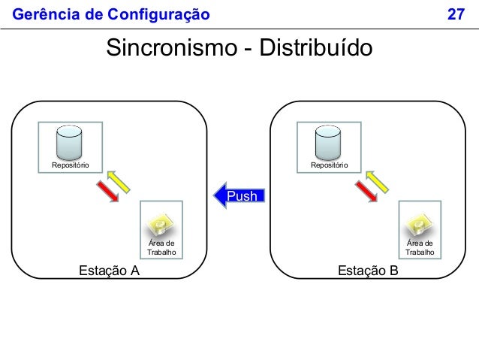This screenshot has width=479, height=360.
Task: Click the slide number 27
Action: point(456,14)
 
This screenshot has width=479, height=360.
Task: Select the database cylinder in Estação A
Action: point(70,140)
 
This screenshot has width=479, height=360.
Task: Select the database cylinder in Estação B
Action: point(328,140)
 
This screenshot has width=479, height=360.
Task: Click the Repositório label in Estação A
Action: point(71,164)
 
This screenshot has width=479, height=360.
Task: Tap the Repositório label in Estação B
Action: point(329,164)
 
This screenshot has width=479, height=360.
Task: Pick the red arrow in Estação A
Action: point(108,192)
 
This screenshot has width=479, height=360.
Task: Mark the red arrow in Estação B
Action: point(366,192)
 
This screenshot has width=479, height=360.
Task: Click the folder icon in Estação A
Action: point(161,223)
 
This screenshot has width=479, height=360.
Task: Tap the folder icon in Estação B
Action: point(420,223)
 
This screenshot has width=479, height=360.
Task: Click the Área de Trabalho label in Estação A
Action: point(161,248)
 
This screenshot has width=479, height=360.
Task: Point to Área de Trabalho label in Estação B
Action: point(420,248)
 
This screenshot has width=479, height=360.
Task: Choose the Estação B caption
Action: point(368,271)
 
